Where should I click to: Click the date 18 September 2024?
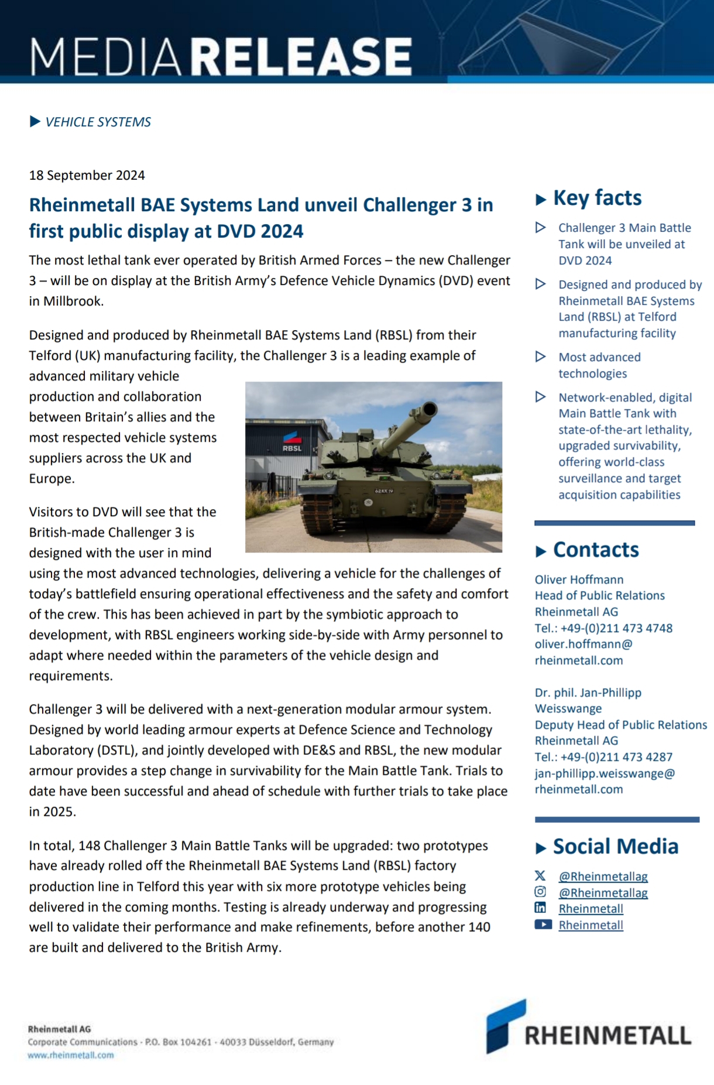point(87,176)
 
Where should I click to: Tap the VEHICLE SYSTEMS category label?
point(98,122)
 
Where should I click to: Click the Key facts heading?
point(597,198)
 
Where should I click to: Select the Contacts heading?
point(596,550)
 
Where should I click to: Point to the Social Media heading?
point(615,847)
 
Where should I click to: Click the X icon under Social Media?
point(540,876)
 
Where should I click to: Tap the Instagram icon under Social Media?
point(540,892)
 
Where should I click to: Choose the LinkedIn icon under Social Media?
point(540,908)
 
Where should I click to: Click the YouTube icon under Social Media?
point(543,925)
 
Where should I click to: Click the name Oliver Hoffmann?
point(579,580)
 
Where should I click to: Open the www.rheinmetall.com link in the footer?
point(71,1055)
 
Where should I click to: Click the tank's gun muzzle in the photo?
point(430,409)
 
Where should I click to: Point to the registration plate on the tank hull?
point(384,490)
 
